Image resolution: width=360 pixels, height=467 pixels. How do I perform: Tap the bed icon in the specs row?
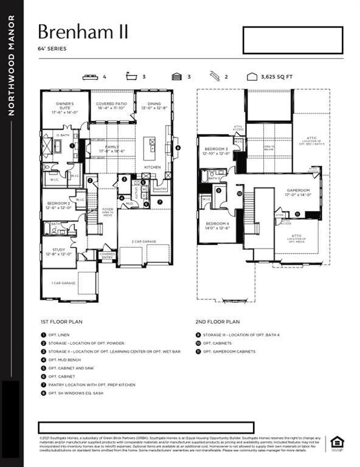[x=90, y=77]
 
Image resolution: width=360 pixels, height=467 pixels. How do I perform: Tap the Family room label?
[x=112, y=148]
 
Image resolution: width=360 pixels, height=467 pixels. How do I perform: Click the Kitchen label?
[x=151, y=167]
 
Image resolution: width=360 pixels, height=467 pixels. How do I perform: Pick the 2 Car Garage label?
[x=145, y=241]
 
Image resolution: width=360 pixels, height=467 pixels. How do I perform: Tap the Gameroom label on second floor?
[x=299, y=192]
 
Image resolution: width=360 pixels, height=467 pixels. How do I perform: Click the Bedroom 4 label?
[x=217, y=226]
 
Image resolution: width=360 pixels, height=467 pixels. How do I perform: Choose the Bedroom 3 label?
[x=216, y=151]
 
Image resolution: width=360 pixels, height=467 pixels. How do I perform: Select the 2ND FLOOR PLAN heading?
[x=218, y=322]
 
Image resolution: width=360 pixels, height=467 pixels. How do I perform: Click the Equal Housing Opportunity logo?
[x=335, y=443]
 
